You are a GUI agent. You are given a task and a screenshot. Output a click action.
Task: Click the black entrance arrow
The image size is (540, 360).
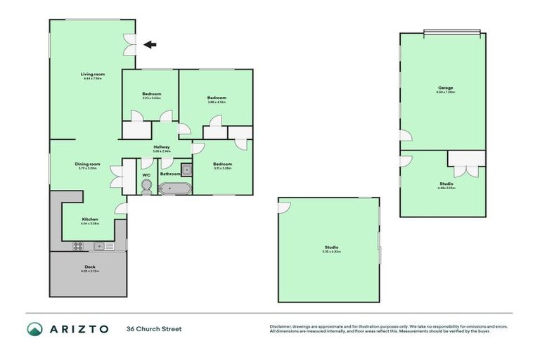coord(150,44)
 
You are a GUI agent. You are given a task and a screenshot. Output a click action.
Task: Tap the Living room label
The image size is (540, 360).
coord(92,74)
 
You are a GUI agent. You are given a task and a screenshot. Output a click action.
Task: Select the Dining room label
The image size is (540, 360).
coord(88,164)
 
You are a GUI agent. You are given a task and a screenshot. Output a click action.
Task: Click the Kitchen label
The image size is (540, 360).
coord(89,219)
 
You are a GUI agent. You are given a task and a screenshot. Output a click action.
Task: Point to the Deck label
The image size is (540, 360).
coord(89,266)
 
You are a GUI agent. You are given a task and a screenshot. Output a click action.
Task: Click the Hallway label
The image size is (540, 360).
coord(161,146)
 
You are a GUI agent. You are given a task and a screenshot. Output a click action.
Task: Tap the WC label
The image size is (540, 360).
coord(146,175)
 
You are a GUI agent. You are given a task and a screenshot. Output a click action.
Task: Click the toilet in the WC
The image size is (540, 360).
coord(146,187)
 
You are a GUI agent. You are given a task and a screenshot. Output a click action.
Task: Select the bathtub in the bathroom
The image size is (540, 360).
coord(174,188)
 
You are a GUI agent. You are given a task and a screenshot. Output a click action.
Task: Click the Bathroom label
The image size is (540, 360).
coord(170,174)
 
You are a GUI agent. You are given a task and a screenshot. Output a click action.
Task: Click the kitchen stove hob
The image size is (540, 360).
coord(79,245)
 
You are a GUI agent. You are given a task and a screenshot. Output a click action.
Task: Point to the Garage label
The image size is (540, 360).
coord(445,88)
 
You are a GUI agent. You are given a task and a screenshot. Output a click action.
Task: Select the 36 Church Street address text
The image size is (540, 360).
coord(153,328)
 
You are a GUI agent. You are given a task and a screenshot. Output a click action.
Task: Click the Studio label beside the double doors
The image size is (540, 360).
coord(446,184)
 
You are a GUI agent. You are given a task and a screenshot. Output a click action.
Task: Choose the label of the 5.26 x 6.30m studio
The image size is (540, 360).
coord(331,247)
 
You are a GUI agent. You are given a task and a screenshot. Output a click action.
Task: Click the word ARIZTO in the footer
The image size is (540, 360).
coord(79,328)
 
